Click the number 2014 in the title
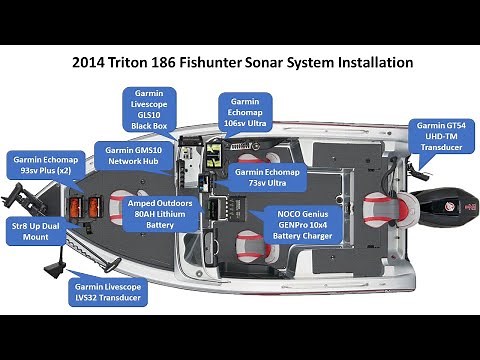[x=93, y=62]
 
